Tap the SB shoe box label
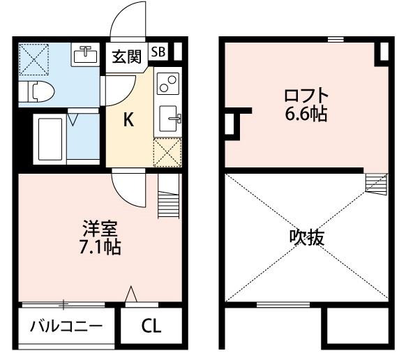158,52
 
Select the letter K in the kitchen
128,120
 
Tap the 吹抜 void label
306,237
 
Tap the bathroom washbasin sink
86,53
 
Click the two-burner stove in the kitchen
167,85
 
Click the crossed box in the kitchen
167,151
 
